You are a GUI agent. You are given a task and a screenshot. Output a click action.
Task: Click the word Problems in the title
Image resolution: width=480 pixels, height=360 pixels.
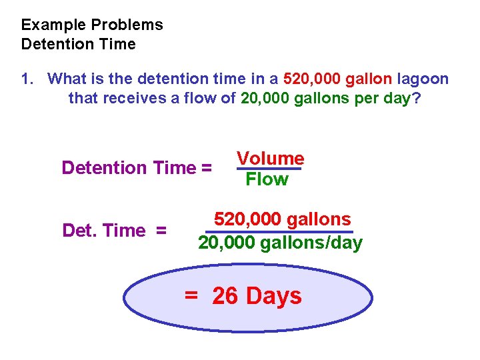coord(127,25)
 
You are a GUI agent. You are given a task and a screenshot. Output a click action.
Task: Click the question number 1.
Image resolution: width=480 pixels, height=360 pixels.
coord(26,79)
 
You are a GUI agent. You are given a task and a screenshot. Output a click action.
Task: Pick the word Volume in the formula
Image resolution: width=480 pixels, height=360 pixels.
coord(271,159)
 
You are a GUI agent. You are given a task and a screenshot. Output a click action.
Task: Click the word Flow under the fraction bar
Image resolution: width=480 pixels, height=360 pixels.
coord(267,179)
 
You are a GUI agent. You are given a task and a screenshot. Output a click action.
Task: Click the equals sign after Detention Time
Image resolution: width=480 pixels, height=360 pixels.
coord(205,167)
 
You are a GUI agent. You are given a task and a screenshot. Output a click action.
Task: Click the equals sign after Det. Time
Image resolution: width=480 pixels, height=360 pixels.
coord(161,231)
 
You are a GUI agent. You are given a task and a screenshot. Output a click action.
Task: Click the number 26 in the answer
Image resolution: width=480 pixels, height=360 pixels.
coord(225,296)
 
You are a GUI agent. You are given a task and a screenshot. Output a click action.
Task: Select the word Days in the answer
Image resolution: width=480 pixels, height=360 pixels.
coord(274,296)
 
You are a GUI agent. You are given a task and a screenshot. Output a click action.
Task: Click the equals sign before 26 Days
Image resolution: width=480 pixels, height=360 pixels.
coord(191,296)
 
